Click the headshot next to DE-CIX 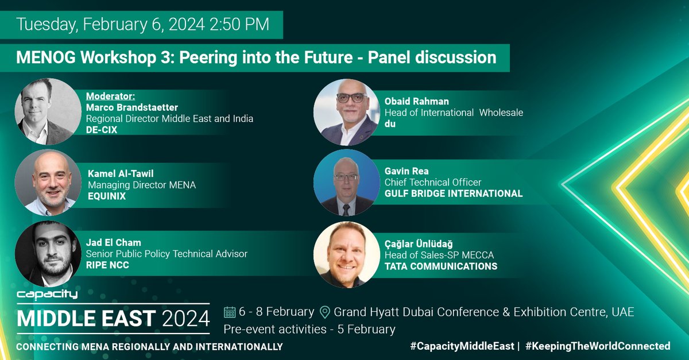point(48,111)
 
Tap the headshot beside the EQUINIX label point(48,183)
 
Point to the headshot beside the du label point(346,111)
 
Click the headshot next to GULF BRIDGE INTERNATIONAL point(346,183)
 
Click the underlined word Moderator point(114,96)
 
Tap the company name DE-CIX point(104,130)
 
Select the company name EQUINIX point(106,197)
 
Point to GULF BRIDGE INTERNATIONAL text point(454,193)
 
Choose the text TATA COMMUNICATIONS point(441,266)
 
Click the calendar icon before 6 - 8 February point(230,312)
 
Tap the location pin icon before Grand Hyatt point(324,312)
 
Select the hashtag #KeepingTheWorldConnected point(598,346)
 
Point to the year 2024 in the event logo point(185,317)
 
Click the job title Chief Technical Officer point(433,182)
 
